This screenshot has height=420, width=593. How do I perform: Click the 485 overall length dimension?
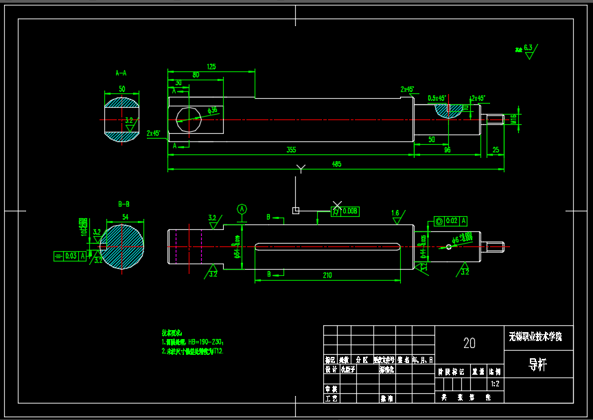[x=336, y=165]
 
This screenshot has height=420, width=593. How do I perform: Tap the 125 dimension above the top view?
[x=211, y=67]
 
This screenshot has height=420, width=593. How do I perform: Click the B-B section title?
[x=124, y=204]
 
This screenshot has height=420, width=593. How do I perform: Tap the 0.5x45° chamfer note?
[x=437, y=98]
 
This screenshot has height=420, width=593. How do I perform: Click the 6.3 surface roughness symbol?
[x=528, y=48]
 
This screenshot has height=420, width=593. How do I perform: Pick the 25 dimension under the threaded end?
[x=496, y=150]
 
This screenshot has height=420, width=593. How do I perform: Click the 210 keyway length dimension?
[x=327, y=275]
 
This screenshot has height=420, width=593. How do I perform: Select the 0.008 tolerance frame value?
[x=350, y=211]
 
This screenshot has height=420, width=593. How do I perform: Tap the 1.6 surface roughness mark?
[x=395, y=213]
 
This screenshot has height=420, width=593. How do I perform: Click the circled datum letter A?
[x=242, y=209]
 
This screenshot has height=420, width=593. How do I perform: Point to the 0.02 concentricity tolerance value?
[x=451, y=221]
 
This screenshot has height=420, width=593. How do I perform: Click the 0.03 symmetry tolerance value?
[x=71, y=256]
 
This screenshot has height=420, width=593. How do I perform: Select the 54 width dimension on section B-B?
[x=125, y=217]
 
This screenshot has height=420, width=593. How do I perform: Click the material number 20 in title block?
[x=469, y=342]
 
